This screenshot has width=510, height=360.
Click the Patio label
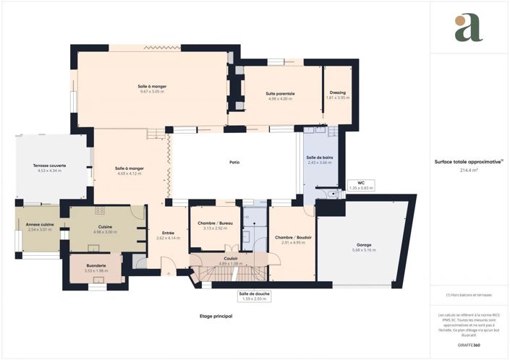pyautogui.click(x=234, y=162)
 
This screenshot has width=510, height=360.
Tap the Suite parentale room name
pyautogui.click(x=281, y=93)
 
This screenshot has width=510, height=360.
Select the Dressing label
pyautogui.click(x=337, y=93)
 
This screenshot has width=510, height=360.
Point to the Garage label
pyautogui.click(x=363, y=245)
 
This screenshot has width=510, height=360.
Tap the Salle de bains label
pyautogui.click(x=319, y=158)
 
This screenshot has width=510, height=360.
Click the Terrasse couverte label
pyautogui.click(x=49, y=166)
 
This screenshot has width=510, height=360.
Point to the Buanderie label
pyautogui.click(x=95, y=265)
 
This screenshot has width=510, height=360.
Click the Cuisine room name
pyautogui.click(x=106, y=226)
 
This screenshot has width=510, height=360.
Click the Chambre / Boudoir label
pyautogui.click(x=293, y=237)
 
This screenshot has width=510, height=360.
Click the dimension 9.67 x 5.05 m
pyautogui.click(x=152, y=92)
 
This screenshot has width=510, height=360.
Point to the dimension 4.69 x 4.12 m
pyautogui.click(x=129, y=173)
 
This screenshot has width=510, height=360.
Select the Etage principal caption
pyautogui.click(x=216, y=317)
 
